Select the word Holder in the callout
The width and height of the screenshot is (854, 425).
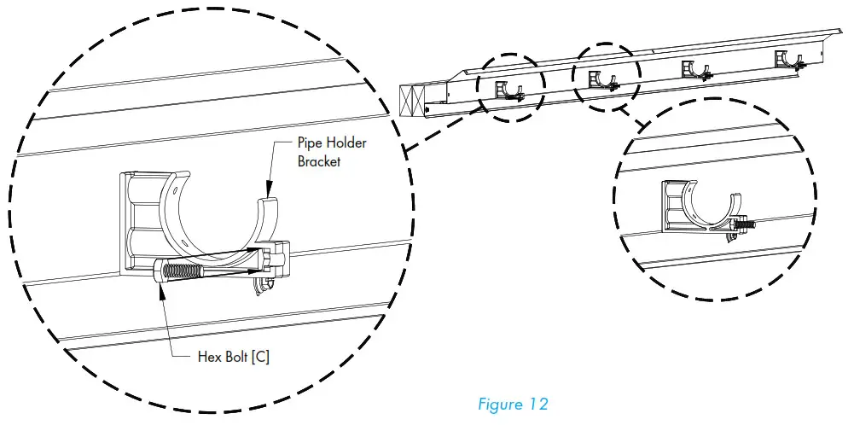click(x=348, y=143)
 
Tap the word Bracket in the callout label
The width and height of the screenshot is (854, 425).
click(x=319, y=161)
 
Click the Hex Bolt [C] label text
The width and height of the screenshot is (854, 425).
click(x=234, y=358)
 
